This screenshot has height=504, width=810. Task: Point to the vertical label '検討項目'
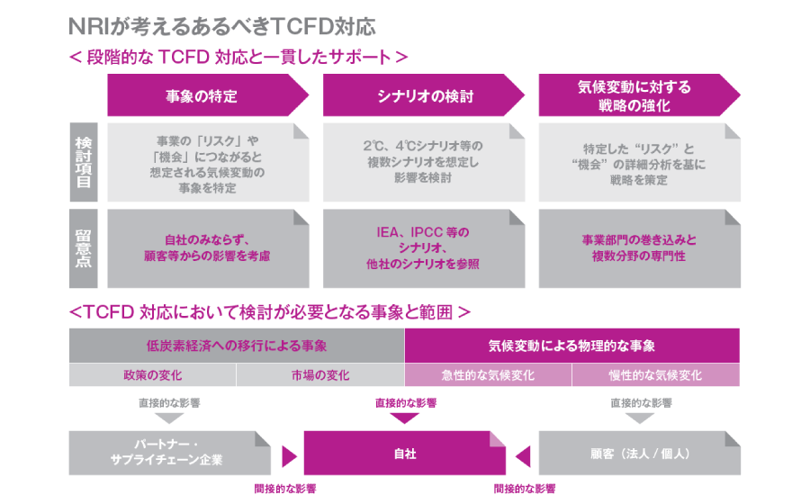pyautogui.click(x=83, y=162)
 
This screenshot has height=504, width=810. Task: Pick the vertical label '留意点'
pyautogui.click(x=83, y=248)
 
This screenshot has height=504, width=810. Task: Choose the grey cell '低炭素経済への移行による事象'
pyautogui.click(x=237, y=346)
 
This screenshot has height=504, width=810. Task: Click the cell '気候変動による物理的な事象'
pyautogui.click(x=571, y=346)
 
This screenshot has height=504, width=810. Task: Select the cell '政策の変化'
pyautogui.click(x=153, y=375)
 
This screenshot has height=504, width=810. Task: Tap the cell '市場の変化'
pyautogui.click(x=320, y=375)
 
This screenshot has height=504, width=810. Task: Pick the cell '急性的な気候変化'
pyautogui.click(x=488, y=375)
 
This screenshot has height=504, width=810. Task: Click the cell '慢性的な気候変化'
pyautogui.click(x=655, y=375)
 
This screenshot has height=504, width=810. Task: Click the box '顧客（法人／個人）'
pyautogui.click(x=639, y=453)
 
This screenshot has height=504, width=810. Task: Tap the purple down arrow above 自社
pyautogui.click(x=405, y=418)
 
